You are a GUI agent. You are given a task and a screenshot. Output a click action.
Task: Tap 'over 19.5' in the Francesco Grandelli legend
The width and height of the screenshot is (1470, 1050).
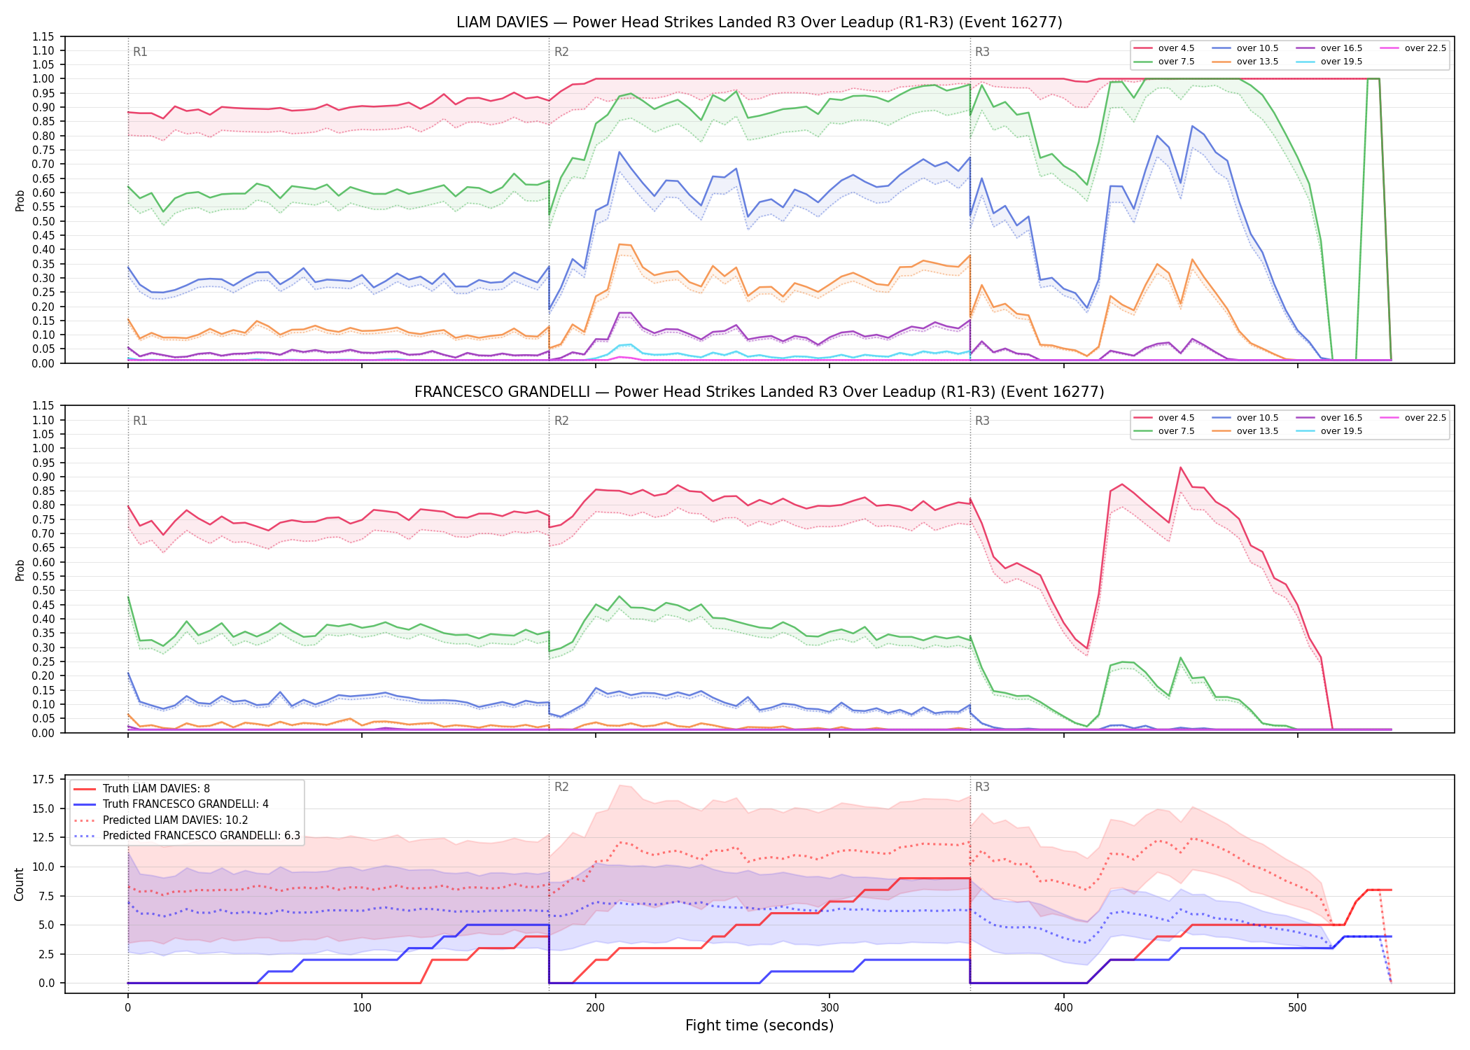click(x=1329, y=431)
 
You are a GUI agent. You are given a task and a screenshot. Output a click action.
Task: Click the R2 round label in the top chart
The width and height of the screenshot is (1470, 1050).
click(x=561, y=52)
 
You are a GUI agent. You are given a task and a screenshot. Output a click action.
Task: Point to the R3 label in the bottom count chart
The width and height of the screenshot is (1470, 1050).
click(x=982, y=787)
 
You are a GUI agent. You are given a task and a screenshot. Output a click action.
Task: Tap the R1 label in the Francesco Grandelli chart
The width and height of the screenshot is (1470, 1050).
click(x=140, y=421)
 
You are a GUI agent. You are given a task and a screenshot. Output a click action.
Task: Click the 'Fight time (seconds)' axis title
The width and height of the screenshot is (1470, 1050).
click(x=759, y=1025)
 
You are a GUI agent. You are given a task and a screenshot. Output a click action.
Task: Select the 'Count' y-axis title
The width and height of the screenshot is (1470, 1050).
click(x=19, y=884)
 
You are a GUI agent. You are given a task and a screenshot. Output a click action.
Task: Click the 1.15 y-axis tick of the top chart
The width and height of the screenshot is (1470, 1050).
click(x=43, y=36)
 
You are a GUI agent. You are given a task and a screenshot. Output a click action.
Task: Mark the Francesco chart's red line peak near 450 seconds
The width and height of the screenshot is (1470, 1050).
click(x=1180, y=467)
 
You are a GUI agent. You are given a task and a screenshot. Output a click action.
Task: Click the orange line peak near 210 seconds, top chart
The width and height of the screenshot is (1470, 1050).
click(x=619, y=244)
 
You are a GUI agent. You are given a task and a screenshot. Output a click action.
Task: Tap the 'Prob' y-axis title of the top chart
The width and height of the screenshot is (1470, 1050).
click(x=20, y=201)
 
